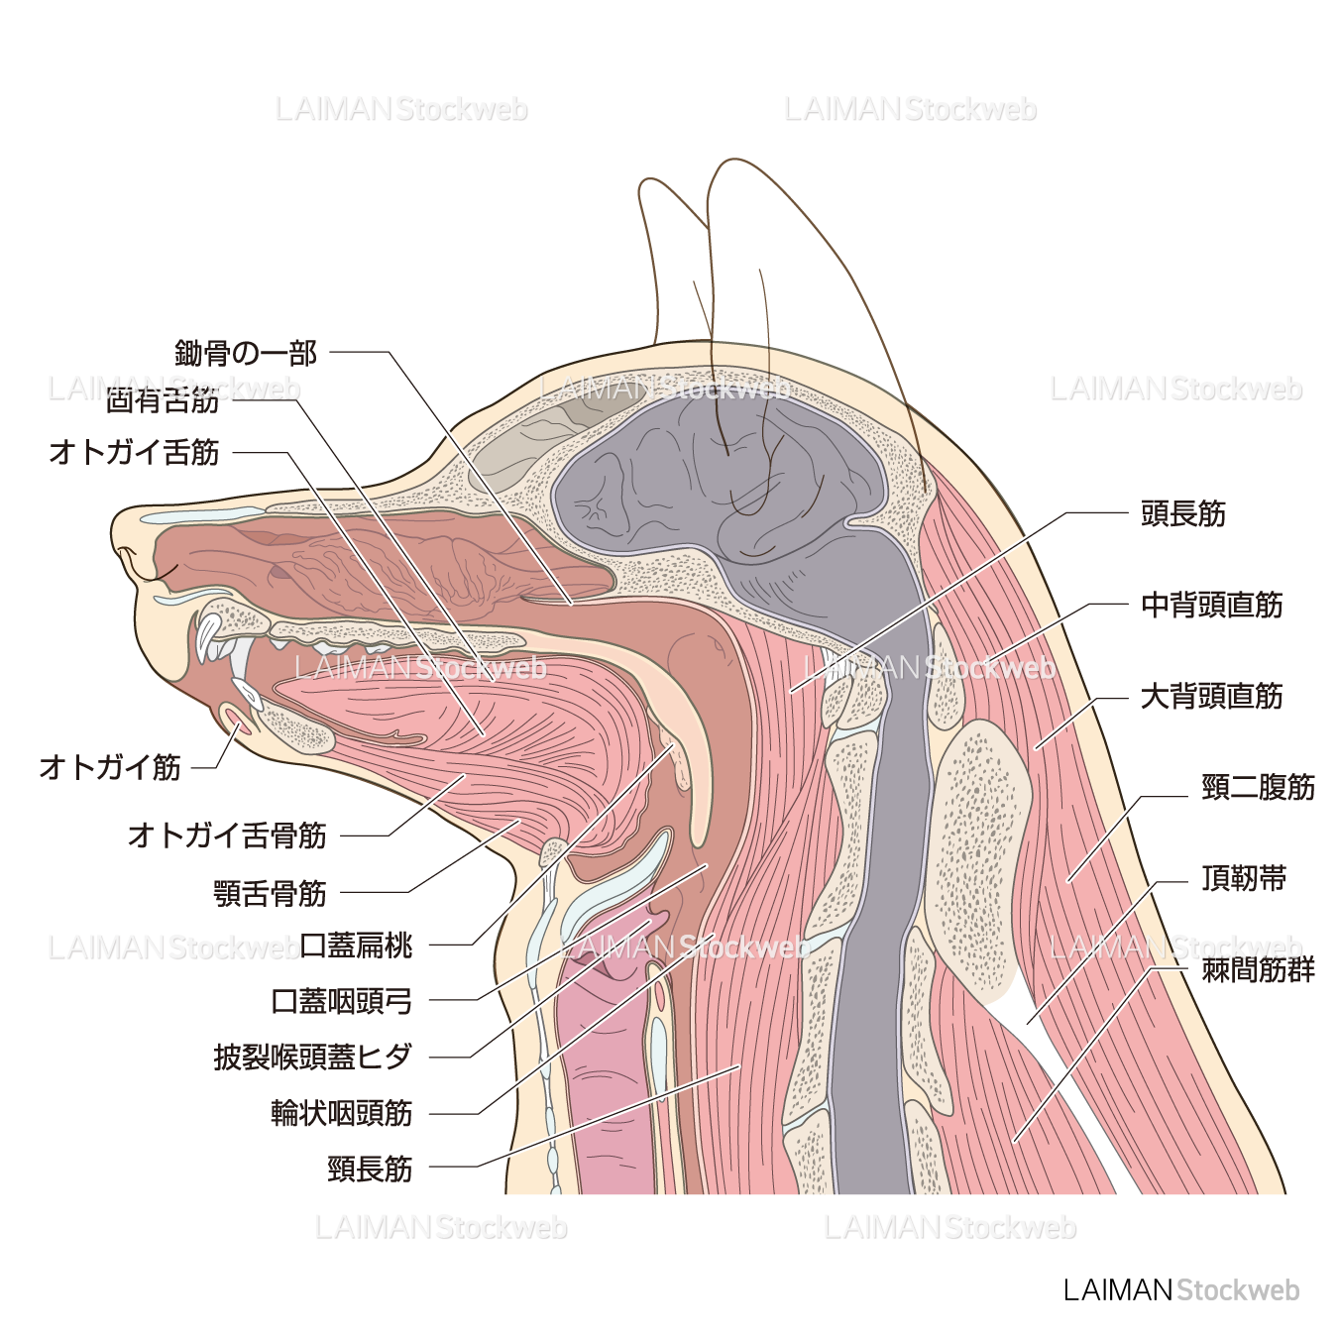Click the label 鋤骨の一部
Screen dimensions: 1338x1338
[x=246, y=353]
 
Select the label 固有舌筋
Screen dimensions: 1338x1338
[x=163, y=400]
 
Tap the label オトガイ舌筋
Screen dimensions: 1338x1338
[x=134, y=453]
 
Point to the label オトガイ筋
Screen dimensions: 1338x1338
[x=110, y=767]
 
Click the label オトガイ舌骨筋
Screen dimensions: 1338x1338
[x=227, y=836]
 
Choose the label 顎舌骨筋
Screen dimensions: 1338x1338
[x=270, y=893]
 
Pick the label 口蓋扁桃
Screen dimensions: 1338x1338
[x=356, y=946]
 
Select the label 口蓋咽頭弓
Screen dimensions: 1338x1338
[x=342, y=1001]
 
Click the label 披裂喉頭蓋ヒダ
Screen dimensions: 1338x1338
[x=312, y=1057]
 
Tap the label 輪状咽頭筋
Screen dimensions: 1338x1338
[x=342, y=1113]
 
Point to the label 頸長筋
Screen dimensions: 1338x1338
[x=370, y=1170]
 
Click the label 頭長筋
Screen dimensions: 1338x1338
[x=1183, y=513]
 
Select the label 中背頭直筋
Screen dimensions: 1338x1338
[x=1212, y=605]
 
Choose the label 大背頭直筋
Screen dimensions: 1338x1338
[x=1212, y=696]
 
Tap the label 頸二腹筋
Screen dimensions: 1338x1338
[x=1259, y=787]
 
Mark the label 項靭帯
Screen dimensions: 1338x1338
[x=1244, y=878]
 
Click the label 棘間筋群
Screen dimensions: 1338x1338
[x=1259, y=969]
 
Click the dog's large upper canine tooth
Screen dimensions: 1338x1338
[x=209, y=634]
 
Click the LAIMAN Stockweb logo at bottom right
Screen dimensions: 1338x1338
[x=1180, y=1289]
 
